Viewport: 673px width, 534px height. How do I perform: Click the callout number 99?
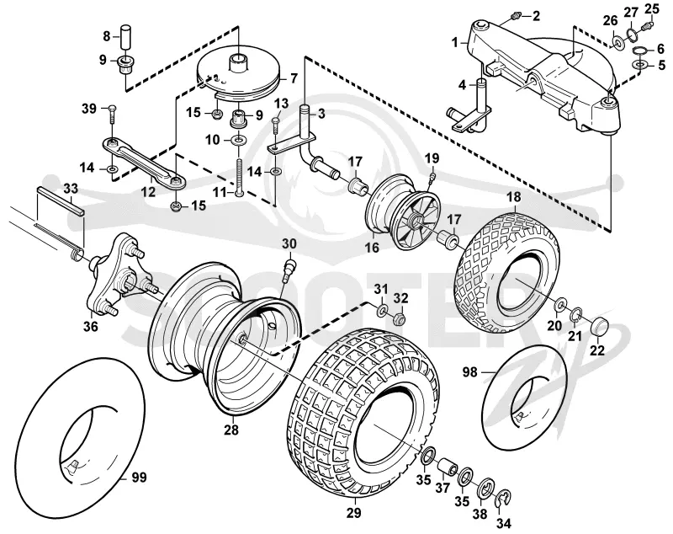(139, 478)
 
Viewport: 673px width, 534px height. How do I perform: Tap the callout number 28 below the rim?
(231, 430)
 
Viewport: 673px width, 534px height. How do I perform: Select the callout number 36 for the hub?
(90, 327)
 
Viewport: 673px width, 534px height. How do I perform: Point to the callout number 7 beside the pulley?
(294, 78)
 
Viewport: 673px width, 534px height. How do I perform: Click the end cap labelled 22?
(599, 328)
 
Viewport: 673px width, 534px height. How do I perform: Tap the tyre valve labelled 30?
(289, 269)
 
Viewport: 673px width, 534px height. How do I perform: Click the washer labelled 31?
(382, 310)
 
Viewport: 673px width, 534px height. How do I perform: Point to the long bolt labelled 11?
(240, 177)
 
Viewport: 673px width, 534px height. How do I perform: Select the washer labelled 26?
(617, 44)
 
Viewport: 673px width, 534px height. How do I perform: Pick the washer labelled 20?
(560, 306)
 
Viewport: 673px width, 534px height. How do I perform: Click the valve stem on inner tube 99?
(73, 465)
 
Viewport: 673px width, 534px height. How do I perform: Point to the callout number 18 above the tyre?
(514, 197)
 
